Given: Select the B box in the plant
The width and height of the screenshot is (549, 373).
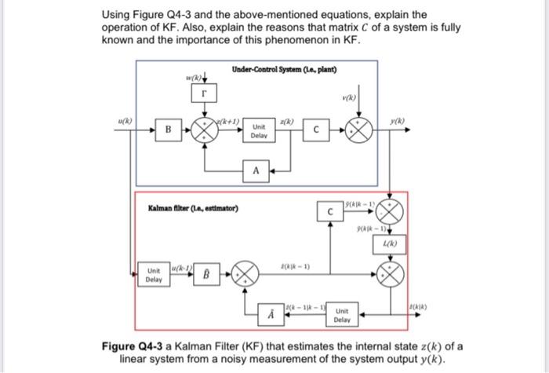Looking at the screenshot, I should pos(167,129).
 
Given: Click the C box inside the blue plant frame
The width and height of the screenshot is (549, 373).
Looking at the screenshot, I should pos(314,130).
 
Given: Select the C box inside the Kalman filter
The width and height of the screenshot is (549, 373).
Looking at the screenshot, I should pos(330,211).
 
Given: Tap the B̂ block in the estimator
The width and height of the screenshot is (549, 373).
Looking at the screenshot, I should pos(207,275).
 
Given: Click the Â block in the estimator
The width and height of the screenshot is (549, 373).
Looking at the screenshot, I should pos(273,315).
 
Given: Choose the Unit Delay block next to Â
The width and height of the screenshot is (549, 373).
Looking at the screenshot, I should pos(341,315).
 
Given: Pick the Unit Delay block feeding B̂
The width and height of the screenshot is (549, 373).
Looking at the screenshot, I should pos(154,275).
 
